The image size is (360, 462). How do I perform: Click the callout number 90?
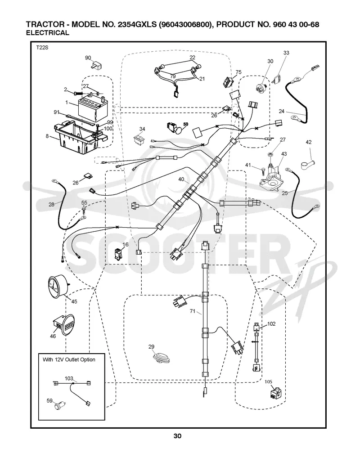coord(88,58)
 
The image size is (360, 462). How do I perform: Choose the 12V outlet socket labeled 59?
coord(60,406)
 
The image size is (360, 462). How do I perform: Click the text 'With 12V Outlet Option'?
coord(69,359)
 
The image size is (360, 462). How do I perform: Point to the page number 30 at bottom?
coord(177,436)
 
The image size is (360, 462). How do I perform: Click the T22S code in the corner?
coord(42,47)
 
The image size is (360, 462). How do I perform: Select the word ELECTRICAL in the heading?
coord(47,33)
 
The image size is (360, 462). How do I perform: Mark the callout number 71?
coord(193,311)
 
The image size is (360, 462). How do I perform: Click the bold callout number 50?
coord(185,124)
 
